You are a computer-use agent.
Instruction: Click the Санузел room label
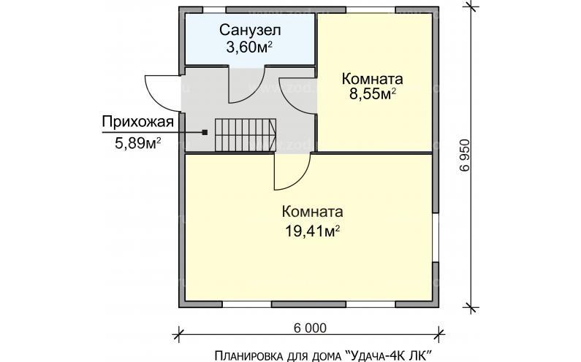(x=250, y=31)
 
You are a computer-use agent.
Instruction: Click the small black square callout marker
(x=205, y=132)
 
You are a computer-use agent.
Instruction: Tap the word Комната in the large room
(x=313, y=212)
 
